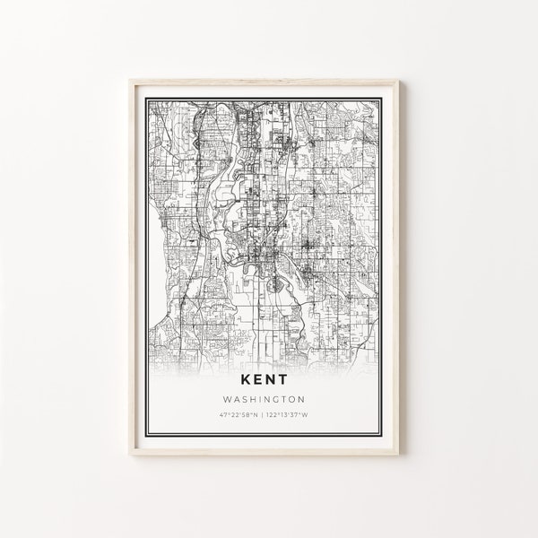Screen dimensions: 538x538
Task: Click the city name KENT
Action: point(268,353)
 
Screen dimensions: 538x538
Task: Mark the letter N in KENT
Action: point(276,353)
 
